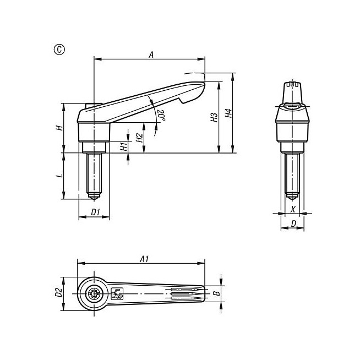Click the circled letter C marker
click(59, 50)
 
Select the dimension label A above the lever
click(151, 55)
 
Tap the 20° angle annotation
click(161, 115)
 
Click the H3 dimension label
click(214, 117)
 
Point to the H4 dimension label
click(228, 113)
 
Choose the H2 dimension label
click(140, 137)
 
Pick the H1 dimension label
click(124, 146)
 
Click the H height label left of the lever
click(59, 127)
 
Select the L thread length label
click(59, 176)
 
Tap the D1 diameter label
click(96, 212)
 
